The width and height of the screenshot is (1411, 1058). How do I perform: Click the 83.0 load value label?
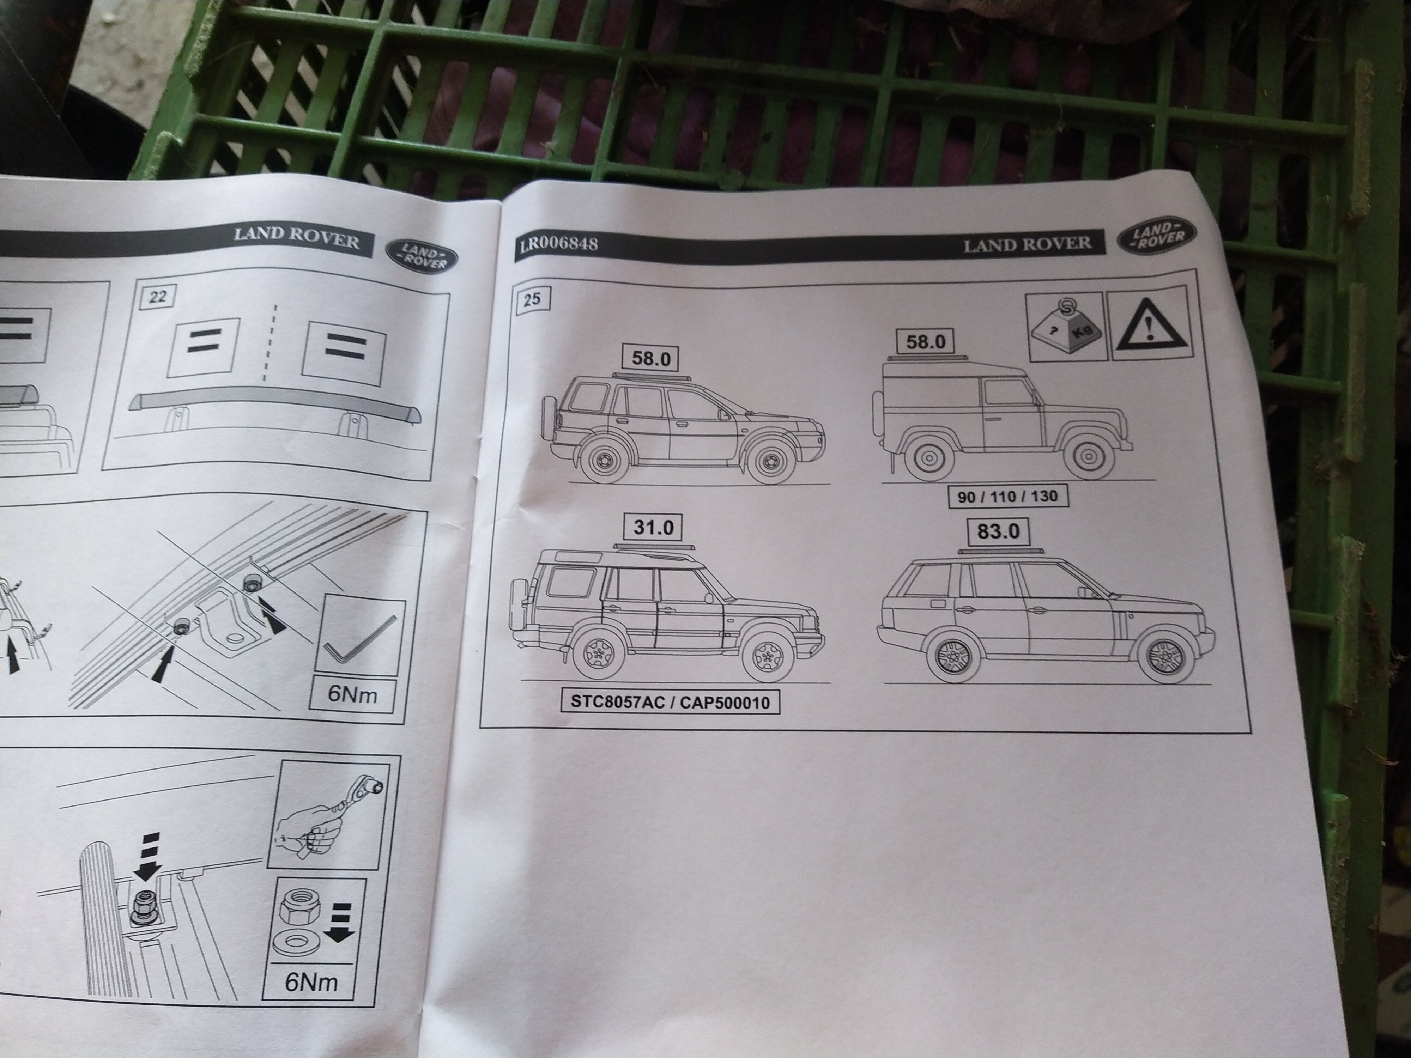coord(998,531)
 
